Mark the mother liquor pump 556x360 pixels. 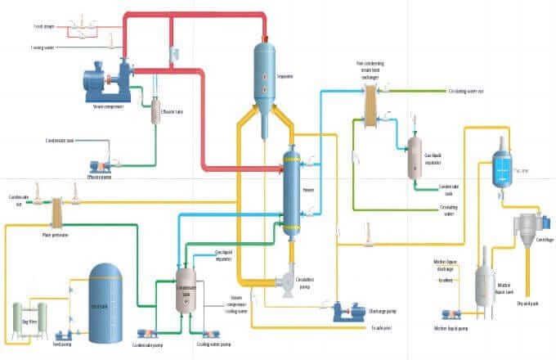[x=452, y=315]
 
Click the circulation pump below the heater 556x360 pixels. [x=286, y=282]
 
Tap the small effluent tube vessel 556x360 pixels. [x=155, y=112]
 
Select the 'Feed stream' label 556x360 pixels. [x=44, y=26]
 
